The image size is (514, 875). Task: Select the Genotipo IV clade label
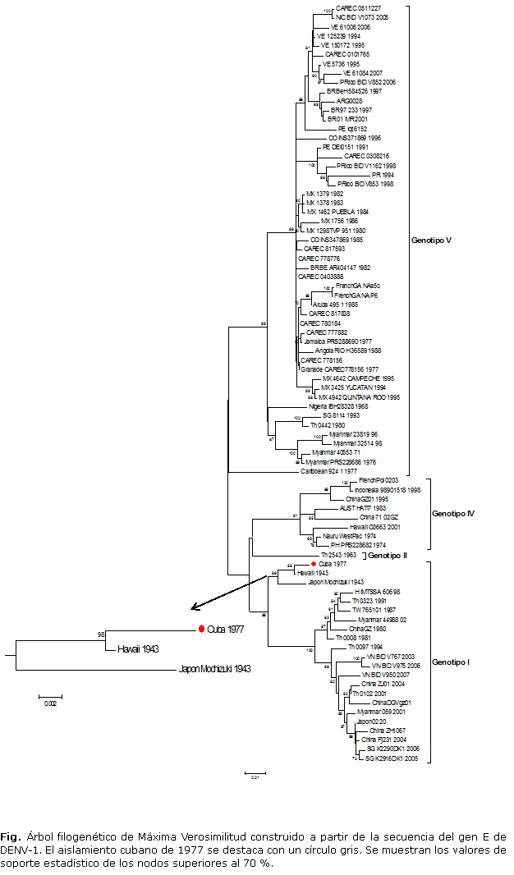(453, 514)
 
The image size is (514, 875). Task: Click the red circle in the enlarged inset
(201, 629)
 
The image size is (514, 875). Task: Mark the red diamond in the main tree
(314, 564)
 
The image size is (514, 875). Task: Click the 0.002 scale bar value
(50, 703)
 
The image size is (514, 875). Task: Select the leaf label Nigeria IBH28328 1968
(338, 405)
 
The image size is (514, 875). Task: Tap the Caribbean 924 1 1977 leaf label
(334, 471)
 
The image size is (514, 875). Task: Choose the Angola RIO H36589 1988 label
(348, 350)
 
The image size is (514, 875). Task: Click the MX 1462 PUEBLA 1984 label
(337, 211)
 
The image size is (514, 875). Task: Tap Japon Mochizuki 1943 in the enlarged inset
(214, 669)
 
